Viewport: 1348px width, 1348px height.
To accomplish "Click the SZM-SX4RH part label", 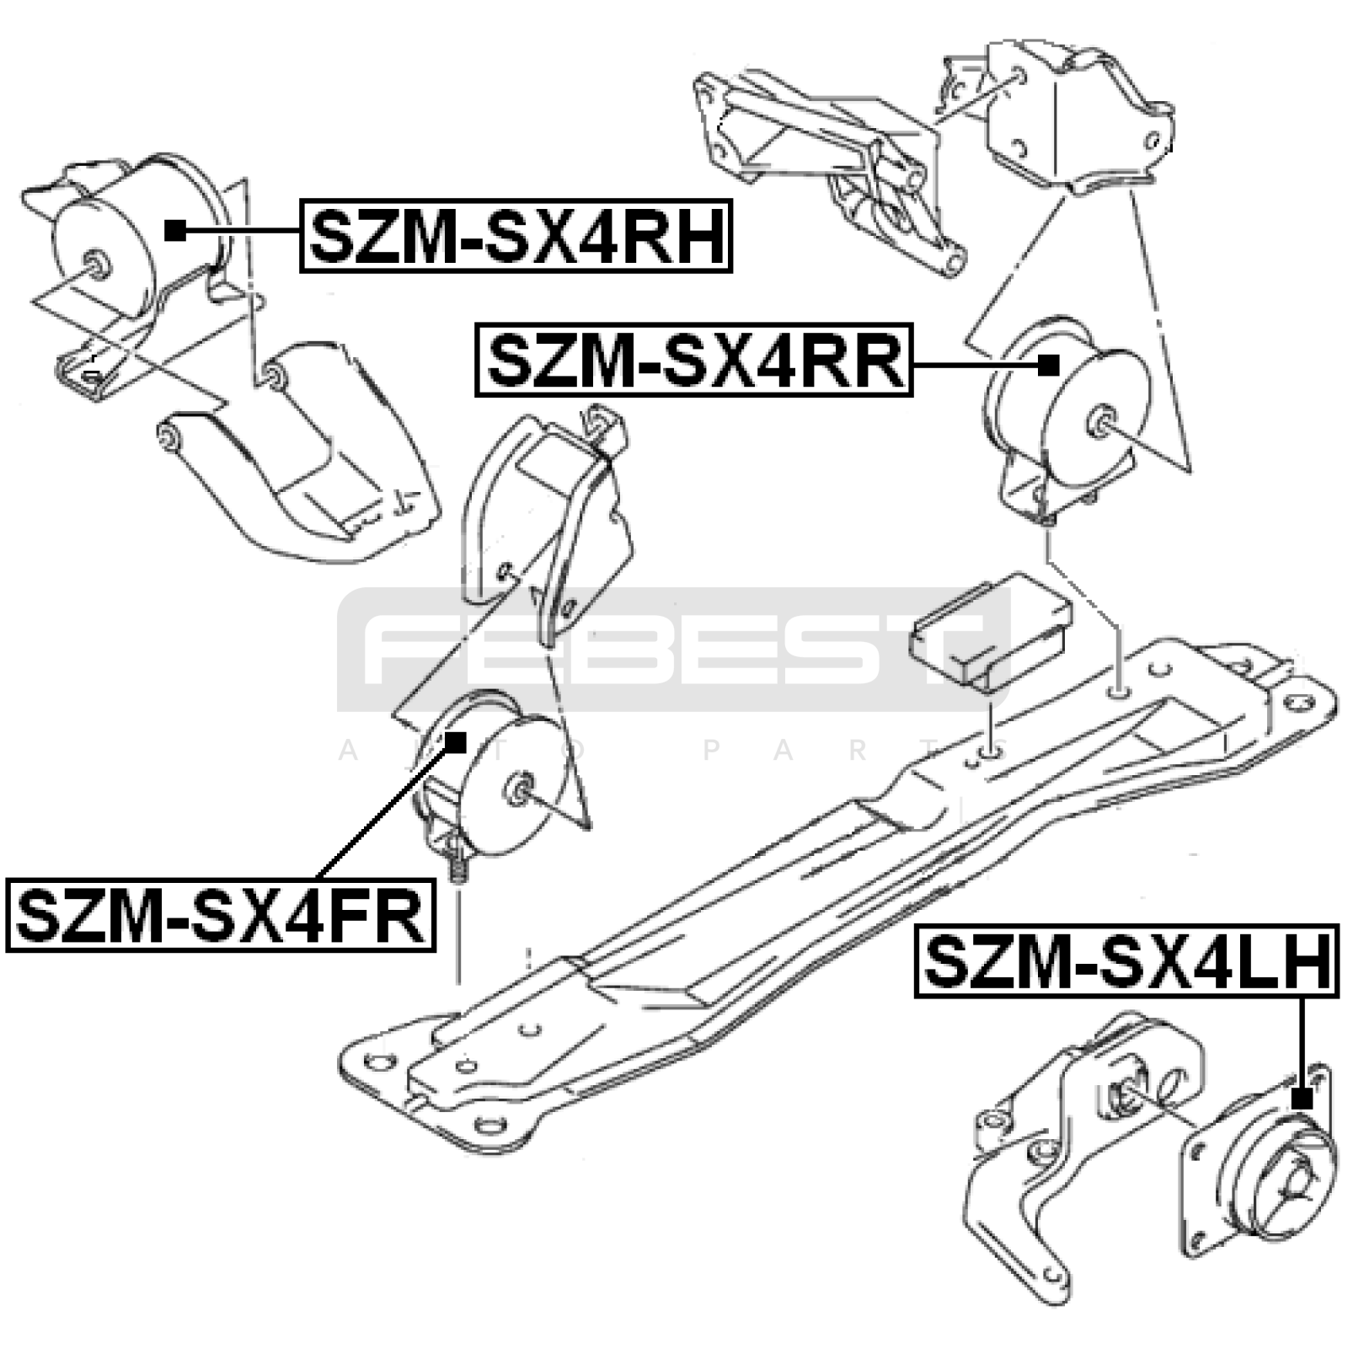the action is tap(516, 236).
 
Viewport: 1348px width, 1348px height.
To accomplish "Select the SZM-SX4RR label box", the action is tap(694, 360).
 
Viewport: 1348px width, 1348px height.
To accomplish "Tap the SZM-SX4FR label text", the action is tap(221, 916).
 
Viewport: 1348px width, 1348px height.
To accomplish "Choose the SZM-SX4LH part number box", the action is tap(1126, 961).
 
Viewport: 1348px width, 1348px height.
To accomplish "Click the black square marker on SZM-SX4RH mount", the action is tap(175, 230).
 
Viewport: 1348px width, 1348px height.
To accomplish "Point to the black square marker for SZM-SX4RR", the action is tap(1048, 365).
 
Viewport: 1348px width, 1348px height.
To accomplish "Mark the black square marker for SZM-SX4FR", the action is tap(456, 742).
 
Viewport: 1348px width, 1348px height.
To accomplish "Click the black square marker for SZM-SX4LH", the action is tap(1302, 1098).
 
